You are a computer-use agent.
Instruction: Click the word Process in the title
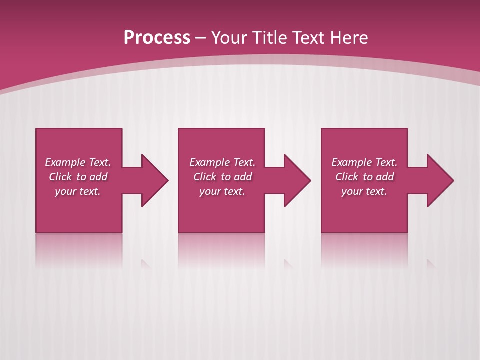157,37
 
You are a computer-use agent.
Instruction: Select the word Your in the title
228,37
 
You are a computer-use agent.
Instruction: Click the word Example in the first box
65,162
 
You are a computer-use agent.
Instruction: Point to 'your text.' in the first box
78,191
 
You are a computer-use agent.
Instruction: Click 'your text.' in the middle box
222,191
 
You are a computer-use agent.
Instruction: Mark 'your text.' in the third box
364,191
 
